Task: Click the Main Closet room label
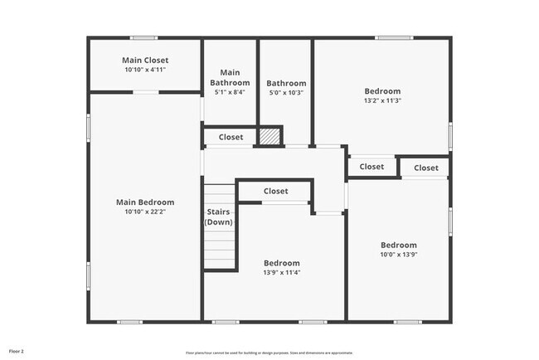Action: point(145,60)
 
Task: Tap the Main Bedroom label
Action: point(145,202)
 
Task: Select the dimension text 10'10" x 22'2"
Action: point(145,212)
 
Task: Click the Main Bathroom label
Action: point(231,77)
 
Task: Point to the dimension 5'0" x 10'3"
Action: point(286,93)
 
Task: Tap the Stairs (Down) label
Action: point(220,216)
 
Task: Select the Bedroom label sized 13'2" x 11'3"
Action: point(382,91)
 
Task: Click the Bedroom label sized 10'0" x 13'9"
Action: point(399,245)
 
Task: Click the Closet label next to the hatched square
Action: point(231,137)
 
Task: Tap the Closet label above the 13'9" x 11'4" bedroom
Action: point(276,191)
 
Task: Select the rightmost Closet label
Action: point(426,168)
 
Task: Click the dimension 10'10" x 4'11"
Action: point(145,70)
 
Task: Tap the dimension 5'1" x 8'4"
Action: point(231,93)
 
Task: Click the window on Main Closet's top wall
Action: point(144,37)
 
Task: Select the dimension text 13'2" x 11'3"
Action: point(382,101)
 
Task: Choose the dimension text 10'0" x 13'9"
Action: point(399,255)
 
